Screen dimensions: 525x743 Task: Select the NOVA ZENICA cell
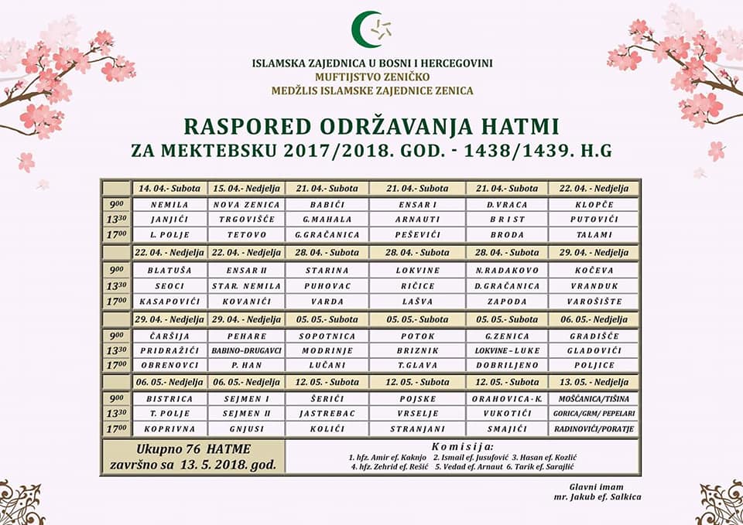[x=246, y=205]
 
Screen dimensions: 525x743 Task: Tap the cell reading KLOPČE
[x=594, y=205]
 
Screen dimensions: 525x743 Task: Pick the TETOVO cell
[x=246, y=234]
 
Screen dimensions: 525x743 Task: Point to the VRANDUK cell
[x=594, y=285]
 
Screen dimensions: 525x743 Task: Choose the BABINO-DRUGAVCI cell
[x=246, y=350]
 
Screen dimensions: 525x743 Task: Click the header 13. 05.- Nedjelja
[x=594, y=382]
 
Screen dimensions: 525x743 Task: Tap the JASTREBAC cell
[x=327, y=414]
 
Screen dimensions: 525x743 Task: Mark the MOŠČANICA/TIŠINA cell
[x=594, y=398]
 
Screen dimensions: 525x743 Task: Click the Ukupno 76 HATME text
[x=192, y=448]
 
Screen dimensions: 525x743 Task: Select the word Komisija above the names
[x=462, y=447]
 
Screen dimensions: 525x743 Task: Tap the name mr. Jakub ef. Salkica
[x=603, y=497]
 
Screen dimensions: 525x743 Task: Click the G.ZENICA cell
[x=507, y=336]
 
